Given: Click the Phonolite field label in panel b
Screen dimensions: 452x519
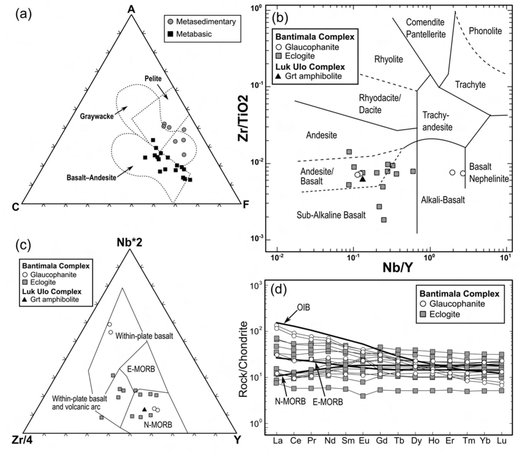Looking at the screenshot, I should click(x=485, y=31).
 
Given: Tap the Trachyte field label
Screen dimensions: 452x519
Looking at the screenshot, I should click(x=470, y=84).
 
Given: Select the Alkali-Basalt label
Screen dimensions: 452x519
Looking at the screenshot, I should click(x=443, y=200).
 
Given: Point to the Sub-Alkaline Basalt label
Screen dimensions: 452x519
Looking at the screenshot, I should click(x=331, y=215).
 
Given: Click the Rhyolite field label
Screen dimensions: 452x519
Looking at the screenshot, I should click(x=388, y=59).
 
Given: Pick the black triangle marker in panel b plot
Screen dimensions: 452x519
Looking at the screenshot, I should click(x=363, y=179).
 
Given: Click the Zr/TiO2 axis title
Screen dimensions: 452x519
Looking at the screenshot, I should click(x=243, y=118).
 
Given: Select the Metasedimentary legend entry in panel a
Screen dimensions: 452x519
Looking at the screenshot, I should click(x=206, y=22).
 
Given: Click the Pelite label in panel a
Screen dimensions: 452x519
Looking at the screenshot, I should click(x=153, y=78).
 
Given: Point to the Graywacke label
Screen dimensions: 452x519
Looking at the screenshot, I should click(x=97, y=116).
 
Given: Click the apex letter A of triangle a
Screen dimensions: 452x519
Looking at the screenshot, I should click(x=131, y=9).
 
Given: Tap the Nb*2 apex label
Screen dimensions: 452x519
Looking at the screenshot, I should click(x=129, y=243).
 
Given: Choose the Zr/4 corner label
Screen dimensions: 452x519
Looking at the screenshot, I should click(x=22, y=440).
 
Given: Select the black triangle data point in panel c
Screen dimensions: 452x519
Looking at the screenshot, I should click(x=145, y=409).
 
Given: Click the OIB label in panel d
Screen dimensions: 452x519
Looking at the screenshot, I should click(x=304, y=307).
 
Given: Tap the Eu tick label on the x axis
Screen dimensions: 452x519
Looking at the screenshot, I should click(x=364, y=441).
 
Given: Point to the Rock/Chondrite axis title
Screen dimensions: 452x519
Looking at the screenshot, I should click(x=243, y=359).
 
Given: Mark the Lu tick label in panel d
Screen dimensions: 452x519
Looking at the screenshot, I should click(x=501, y=441).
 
